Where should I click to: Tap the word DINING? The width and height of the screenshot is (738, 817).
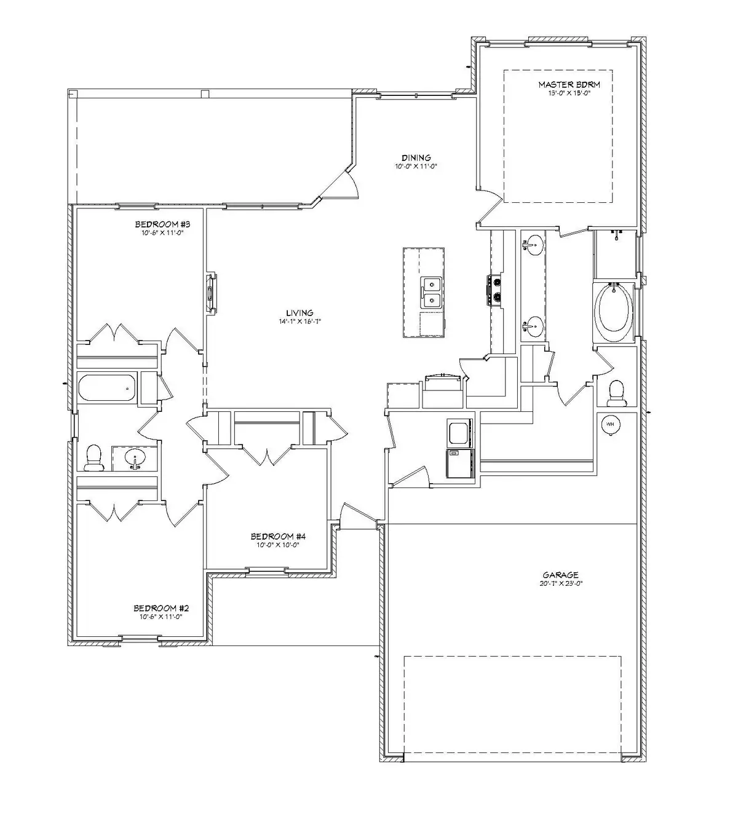pos(416,157)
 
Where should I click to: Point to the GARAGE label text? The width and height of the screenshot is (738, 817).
pos(559,575)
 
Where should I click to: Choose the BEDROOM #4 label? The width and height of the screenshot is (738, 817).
pos(277,536)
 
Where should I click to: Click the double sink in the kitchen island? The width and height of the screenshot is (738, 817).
pos(432,293)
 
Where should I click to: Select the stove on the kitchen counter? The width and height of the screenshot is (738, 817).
pos(494,290)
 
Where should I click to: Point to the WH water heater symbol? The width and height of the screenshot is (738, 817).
pos(609,424)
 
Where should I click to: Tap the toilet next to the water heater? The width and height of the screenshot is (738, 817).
pos(615,393)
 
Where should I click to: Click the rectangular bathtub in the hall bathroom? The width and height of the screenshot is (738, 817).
pos(107,389)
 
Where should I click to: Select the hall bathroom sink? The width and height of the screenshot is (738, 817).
pos(135,458)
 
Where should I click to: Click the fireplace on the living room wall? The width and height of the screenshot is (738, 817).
pos(210,294)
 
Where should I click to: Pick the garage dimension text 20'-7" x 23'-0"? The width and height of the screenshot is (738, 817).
pos(559,583)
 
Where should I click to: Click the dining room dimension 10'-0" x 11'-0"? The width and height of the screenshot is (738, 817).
pos(416,166)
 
